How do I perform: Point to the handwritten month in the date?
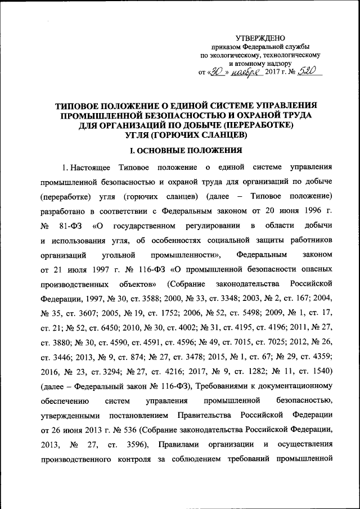[244, 72]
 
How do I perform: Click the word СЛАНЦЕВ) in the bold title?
[218, 135]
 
